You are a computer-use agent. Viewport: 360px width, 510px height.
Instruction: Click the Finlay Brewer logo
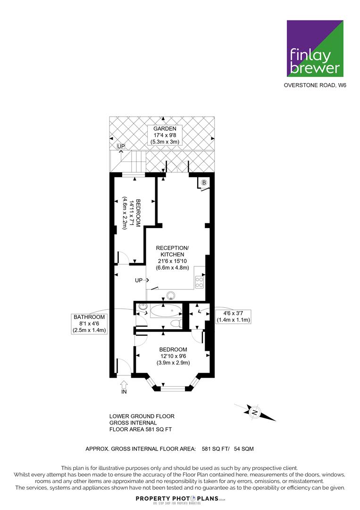(315, 49)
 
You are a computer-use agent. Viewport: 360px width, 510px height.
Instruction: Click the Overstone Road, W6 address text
(315, 85)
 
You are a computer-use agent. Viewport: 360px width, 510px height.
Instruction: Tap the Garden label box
(165, 135)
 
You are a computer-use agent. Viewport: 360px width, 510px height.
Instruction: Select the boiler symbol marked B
(204, 182)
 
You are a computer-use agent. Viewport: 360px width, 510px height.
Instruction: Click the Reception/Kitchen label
(172, 258)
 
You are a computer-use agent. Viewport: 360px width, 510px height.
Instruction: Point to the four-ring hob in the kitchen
(199, 282)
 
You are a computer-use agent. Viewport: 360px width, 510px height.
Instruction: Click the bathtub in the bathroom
(167, 311)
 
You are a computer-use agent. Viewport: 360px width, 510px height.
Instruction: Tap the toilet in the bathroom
(176, 323)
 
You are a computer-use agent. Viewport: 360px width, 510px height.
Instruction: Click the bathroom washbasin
(142, 307)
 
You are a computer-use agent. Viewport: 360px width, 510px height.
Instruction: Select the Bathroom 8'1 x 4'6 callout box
(89, 323)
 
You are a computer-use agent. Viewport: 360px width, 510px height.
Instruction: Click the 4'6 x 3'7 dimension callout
(233, 316)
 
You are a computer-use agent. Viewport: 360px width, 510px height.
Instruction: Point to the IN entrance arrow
(124, 384)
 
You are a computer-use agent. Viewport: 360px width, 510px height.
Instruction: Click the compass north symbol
(255, 412)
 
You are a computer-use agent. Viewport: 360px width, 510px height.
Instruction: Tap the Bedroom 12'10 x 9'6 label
(173, 356)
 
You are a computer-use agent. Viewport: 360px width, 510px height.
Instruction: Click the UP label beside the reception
(139, 280)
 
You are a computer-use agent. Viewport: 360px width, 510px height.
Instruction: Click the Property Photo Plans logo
(180, 500)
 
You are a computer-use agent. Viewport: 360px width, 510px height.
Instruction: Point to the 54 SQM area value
(243, 449)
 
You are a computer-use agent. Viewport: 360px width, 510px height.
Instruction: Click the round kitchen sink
(171, 295)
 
